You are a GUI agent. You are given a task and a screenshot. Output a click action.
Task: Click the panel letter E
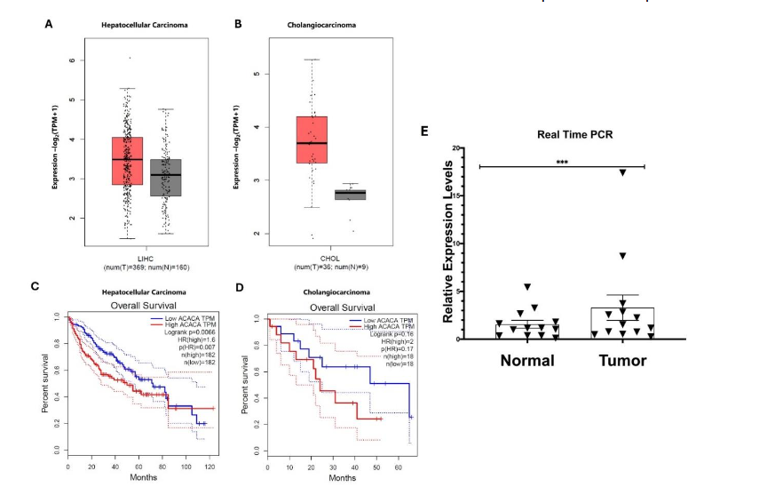point(425,130)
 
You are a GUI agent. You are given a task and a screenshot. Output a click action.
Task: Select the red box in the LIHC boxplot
point(127,160)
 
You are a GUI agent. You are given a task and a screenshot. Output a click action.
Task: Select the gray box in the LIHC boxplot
point(164,178)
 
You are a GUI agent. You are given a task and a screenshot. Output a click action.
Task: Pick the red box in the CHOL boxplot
point(311,140)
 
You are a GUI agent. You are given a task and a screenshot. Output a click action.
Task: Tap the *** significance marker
point(562,162)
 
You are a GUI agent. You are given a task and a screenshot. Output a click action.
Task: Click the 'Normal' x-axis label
point(527,360)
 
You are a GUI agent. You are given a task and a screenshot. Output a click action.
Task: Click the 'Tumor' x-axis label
point(621,360)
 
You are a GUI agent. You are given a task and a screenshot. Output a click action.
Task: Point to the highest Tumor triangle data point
point(622,172)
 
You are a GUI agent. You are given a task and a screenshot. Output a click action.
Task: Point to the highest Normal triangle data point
point(527,287)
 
